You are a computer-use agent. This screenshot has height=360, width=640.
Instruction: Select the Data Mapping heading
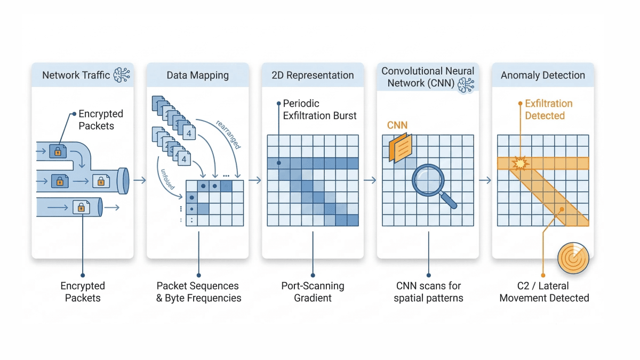(197, 75)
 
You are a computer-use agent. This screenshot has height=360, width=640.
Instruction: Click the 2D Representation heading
(313, 75)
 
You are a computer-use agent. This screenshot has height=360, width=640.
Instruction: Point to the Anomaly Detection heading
(542, 75)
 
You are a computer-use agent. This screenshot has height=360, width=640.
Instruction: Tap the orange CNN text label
(397, 125)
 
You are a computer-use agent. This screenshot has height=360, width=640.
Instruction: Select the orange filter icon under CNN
(399, 146)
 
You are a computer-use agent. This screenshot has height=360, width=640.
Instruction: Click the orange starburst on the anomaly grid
(517, 163)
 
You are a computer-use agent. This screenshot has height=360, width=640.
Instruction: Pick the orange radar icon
(573, 259)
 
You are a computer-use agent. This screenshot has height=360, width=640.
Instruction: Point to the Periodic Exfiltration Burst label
(319, 109)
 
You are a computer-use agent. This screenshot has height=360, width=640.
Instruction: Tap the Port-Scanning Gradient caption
(313, 292)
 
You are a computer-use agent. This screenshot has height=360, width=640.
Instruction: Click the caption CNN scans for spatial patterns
(428, 292)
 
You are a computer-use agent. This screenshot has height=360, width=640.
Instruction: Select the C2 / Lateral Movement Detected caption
(544, 292)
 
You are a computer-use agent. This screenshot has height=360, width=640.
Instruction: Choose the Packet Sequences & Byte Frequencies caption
(198, 292)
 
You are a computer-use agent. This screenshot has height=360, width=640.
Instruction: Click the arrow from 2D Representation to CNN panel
(370, 181)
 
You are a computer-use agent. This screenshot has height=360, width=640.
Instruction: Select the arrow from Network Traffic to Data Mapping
(140, 181)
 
